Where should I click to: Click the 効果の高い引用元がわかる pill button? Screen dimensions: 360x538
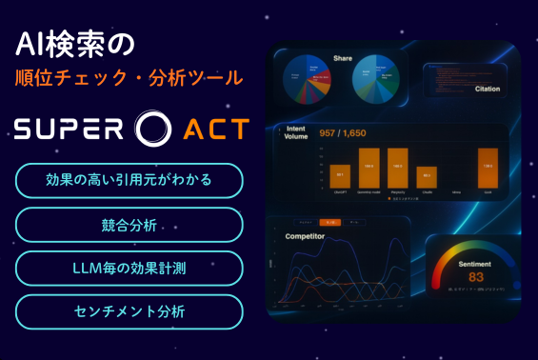point(129,180)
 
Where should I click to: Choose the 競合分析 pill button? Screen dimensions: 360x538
point(129,225)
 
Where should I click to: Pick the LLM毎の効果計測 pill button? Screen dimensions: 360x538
point(129,269)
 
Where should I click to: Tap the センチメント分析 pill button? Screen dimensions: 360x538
point(129,311)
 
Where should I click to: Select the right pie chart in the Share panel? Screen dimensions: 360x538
point(377,84)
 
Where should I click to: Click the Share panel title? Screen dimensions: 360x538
point(343,57)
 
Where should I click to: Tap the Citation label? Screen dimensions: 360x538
point(488,90)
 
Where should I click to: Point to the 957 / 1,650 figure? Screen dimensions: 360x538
point(349,133)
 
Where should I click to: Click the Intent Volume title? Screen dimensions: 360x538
point(297,131)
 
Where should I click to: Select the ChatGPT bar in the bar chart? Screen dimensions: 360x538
point(340,173)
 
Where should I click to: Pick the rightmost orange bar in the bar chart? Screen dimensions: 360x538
point(487,168)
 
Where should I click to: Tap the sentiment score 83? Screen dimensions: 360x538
point(476,277)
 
